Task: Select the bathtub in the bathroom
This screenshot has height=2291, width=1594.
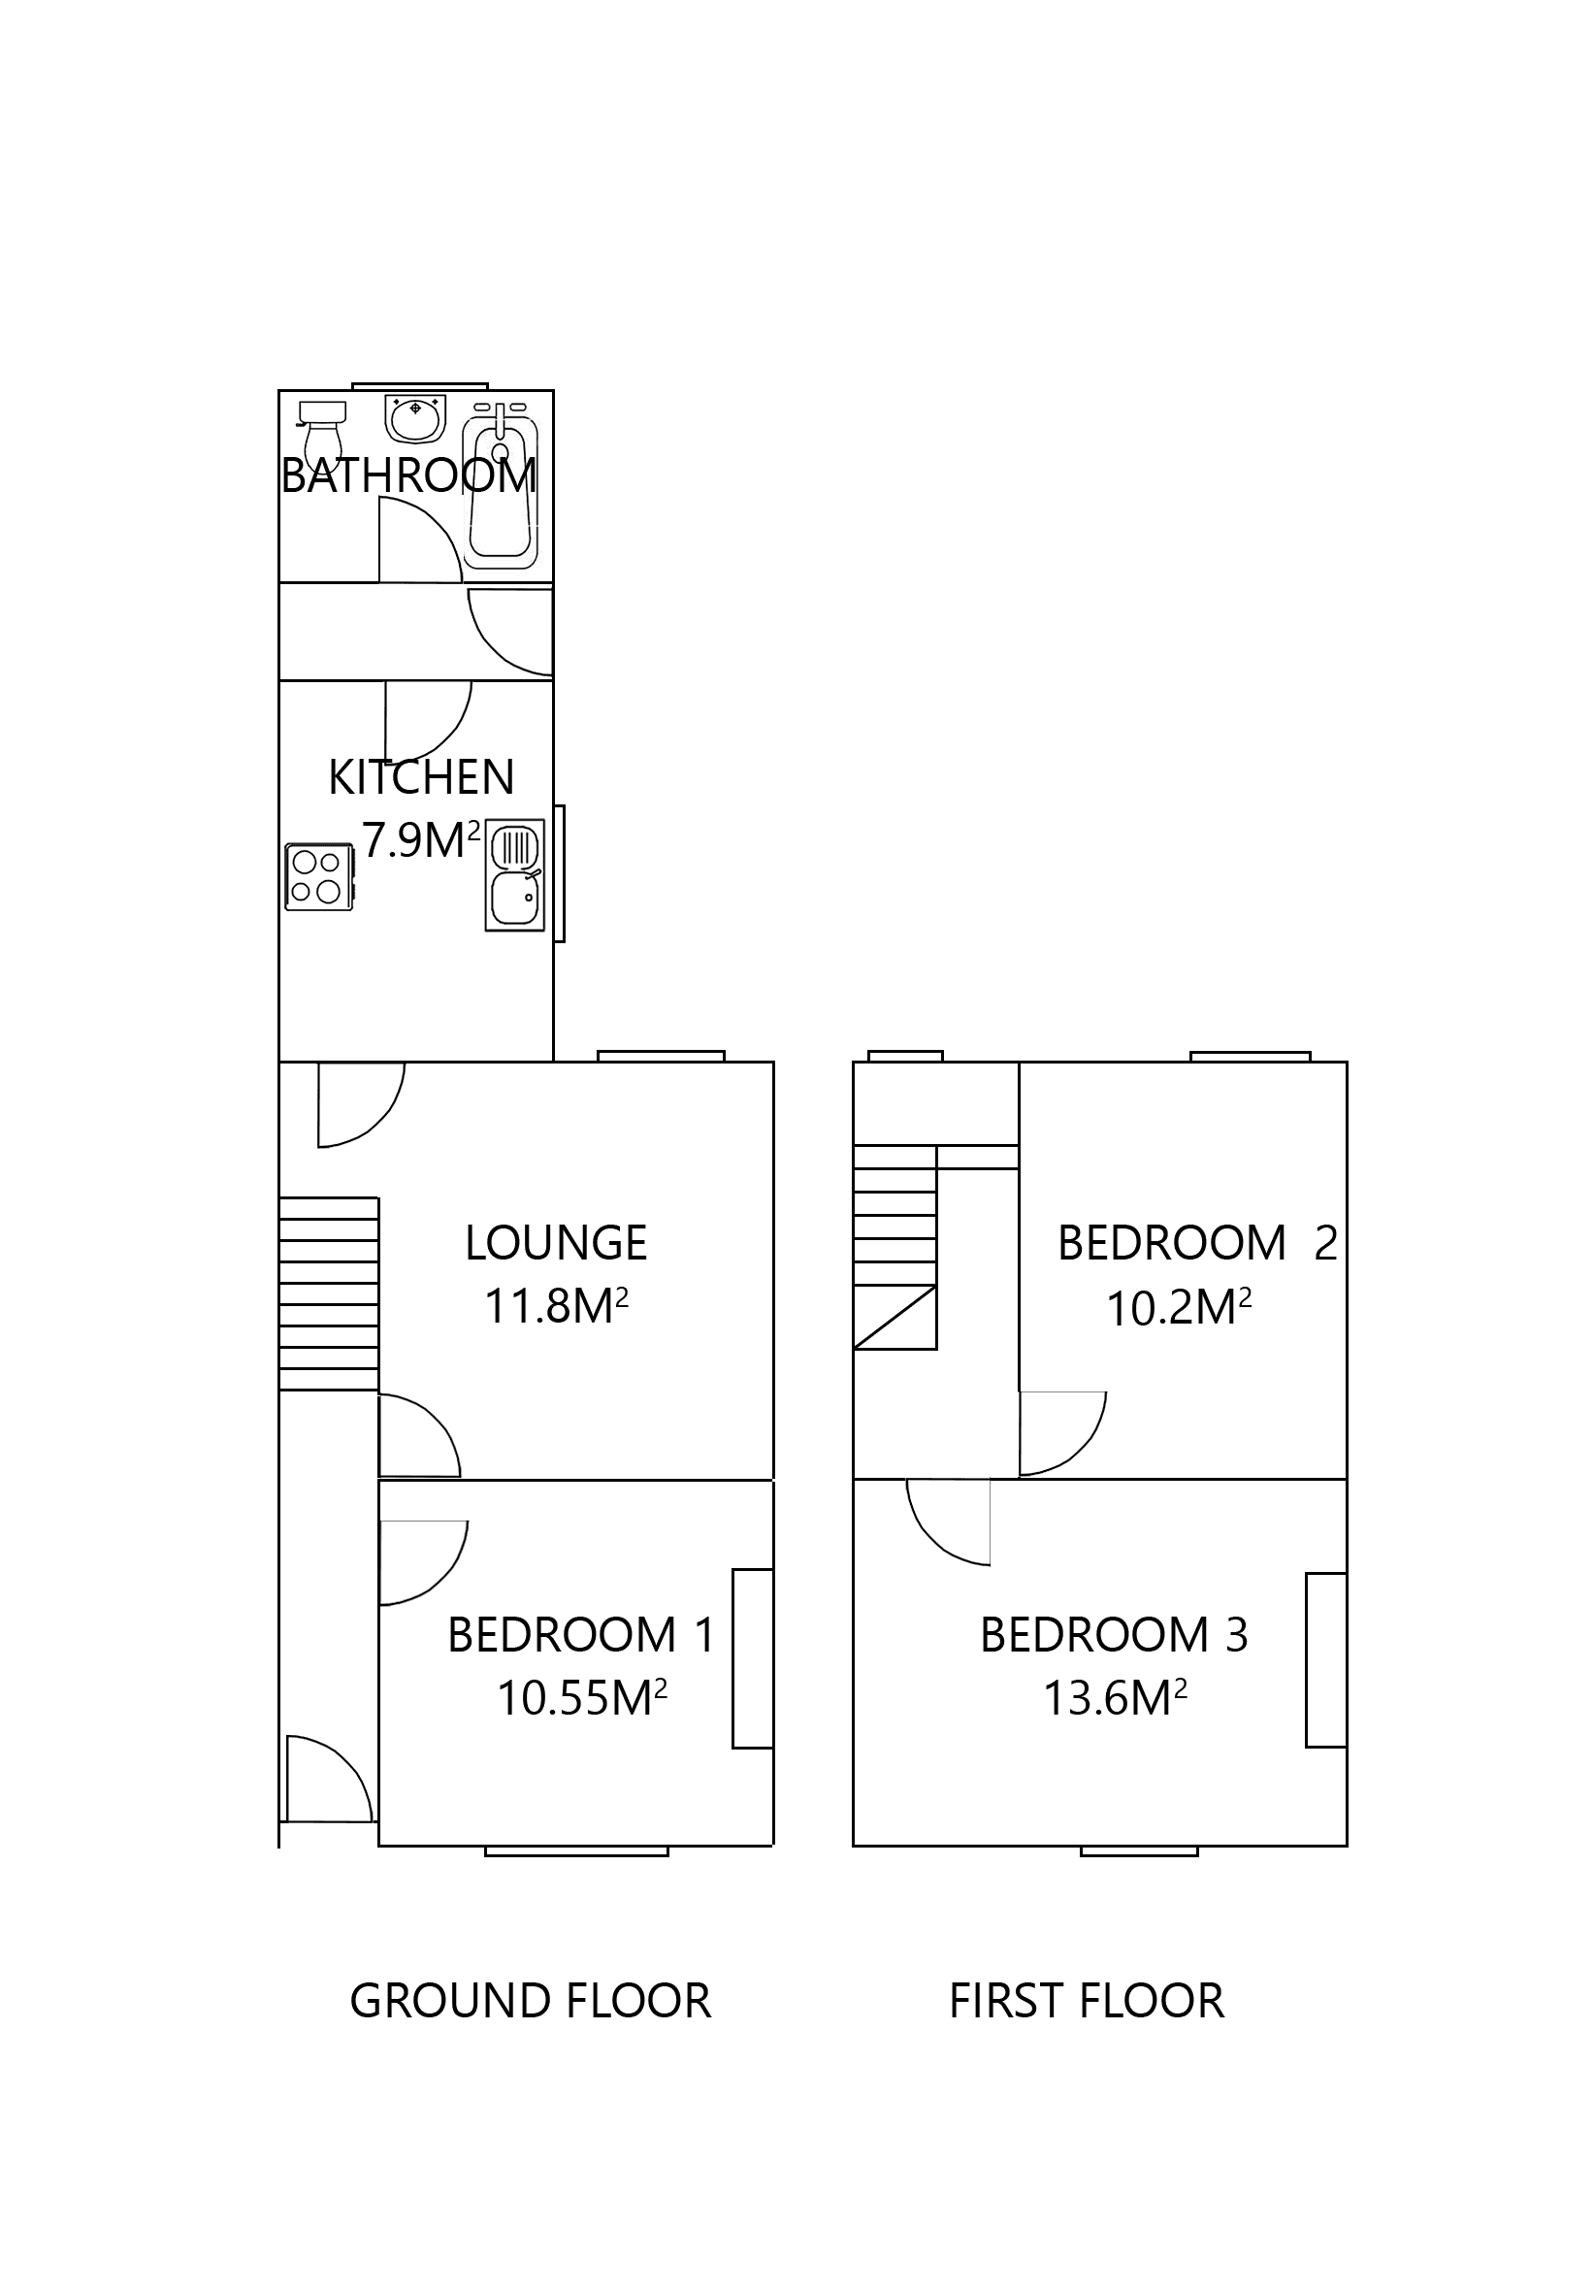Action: (501, 486)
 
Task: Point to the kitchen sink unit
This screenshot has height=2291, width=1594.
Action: (515, 874)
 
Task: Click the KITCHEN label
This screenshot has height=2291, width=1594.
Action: (421, 777)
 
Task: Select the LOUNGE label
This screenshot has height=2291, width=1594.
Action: (556, 1243)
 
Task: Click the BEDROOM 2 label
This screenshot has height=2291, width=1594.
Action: (1196, 1243)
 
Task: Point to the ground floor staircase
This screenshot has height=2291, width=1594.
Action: (328, 1293)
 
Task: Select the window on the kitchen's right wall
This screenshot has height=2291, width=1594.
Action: (561, 873)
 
